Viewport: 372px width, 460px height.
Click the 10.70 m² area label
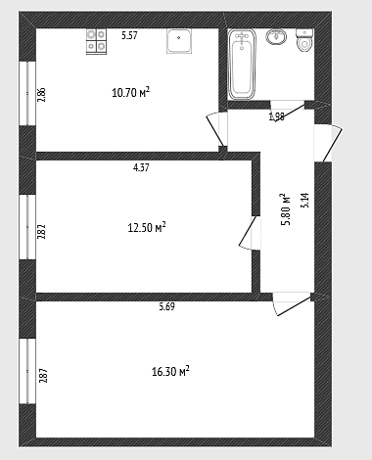130,92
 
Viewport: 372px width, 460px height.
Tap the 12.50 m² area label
147,227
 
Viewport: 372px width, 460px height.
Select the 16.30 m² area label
170,371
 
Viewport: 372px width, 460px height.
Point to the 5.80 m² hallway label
285,209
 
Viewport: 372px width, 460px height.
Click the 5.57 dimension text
129,35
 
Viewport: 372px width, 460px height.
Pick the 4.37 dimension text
141,167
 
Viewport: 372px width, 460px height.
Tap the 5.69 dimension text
166,306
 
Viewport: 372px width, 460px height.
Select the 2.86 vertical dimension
41,95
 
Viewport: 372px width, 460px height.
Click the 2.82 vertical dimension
41,232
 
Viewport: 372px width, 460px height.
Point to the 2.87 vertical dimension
43,376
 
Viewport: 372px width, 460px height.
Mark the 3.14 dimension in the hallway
304,201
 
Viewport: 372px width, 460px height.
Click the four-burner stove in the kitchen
96,41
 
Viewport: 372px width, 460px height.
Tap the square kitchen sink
179,41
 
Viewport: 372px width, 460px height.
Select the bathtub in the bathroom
242,65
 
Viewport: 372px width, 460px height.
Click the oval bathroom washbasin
276,36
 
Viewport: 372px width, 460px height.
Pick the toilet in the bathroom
304,40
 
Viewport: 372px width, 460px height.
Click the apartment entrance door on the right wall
328,143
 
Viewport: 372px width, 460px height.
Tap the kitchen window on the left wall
27,93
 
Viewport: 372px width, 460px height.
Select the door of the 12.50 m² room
251,233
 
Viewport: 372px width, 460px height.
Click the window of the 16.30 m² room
27,371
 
